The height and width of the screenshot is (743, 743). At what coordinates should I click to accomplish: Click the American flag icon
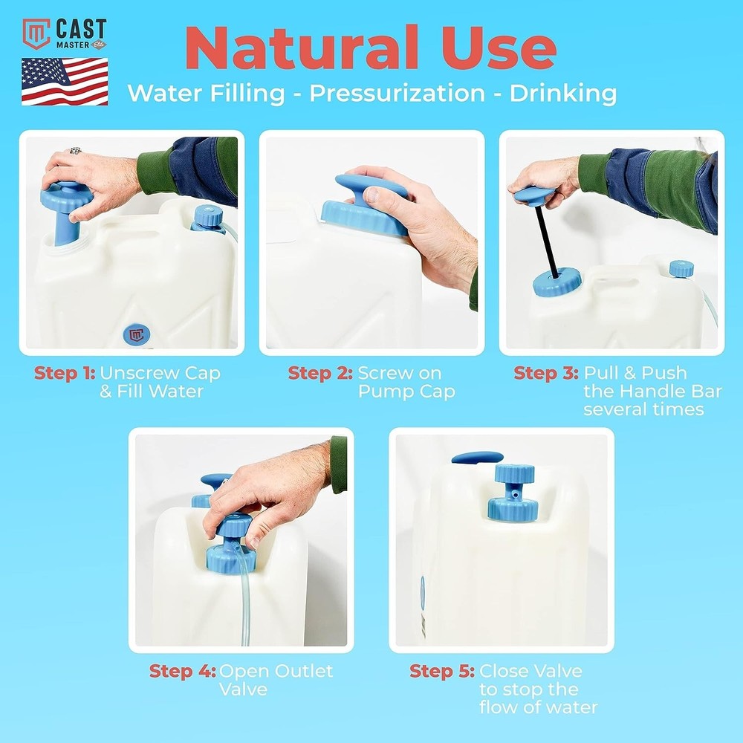65,81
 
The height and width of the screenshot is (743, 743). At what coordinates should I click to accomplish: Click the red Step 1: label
65,373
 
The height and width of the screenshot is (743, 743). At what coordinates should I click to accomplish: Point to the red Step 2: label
320,373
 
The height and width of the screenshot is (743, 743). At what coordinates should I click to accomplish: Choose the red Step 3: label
545,373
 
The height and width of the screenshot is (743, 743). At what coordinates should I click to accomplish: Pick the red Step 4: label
183,671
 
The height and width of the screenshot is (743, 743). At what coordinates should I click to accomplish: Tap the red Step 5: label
442,671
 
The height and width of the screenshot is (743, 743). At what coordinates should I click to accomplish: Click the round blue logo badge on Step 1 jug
136,334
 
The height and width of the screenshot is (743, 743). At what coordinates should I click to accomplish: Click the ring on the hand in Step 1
75,151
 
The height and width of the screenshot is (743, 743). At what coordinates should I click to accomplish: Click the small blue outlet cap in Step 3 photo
681,269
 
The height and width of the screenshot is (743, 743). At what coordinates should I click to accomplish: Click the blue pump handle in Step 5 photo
477,458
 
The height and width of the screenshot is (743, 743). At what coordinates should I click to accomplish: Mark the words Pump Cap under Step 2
406,392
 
